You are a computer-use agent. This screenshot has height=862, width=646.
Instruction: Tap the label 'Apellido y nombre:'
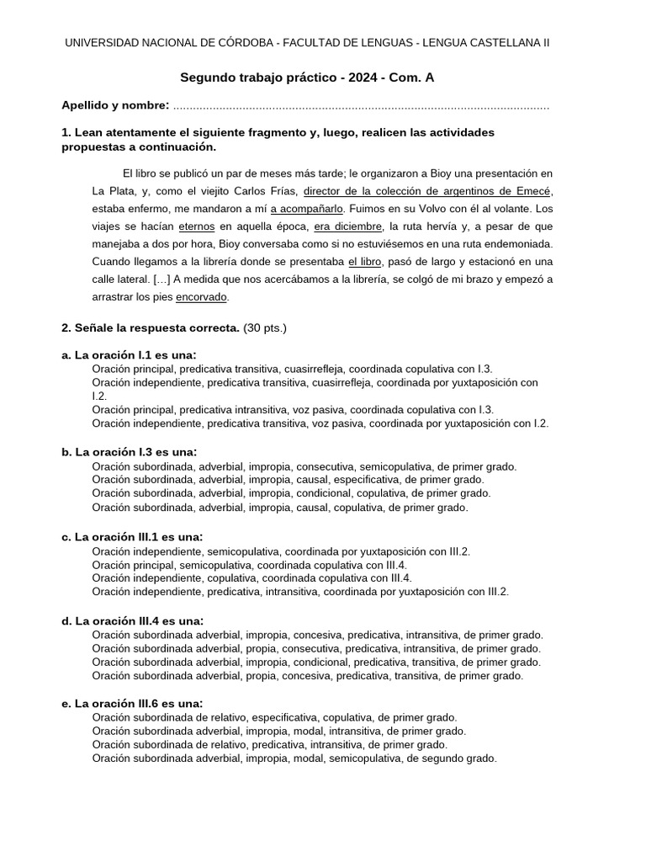click(116, 105)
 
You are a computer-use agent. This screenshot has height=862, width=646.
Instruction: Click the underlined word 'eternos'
click(197, 226)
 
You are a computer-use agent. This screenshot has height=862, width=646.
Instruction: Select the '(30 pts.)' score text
click(265, 327)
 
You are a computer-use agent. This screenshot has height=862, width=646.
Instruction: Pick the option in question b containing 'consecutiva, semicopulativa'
click(304, 466)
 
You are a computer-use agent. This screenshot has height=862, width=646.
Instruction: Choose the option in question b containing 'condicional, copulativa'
click(291, 493)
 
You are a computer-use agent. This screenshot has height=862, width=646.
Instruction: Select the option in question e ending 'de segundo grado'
click(294, 758)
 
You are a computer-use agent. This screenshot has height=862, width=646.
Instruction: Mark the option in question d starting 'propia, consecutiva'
click(316, 648)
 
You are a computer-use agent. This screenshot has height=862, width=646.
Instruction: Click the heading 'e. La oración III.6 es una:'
click(132, 704)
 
